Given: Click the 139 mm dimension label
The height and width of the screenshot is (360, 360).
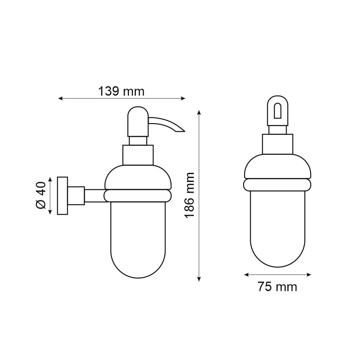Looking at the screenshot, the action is pos(121,91).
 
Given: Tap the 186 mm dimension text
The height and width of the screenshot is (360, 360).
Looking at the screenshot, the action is pos(189,195).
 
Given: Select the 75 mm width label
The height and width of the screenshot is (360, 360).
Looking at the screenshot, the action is pos(277,287).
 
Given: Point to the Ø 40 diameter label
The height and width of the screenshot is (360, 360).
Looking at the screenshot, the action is pos(41,195).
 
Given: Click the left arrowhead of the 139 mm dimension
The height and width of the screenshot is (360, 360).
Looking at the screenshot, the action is pos(60,99).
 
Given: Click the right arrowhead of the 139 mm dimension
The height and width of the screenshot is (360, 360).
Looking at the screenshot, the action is pos(183,99).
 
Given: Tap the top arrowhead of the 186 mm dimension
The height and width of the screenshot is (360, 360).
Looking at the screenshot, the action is pos(199,113).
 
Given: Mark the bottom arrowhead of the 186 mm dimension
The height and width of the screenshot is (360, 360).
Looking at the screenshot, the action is pos(199,279).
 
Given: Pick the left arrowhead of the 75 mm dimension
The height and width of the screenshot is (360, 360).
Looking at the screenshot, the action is pos(246,275).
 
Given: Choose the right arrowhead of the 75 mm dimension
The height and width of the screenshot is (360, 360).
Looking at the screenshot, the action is pos(309,275).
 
